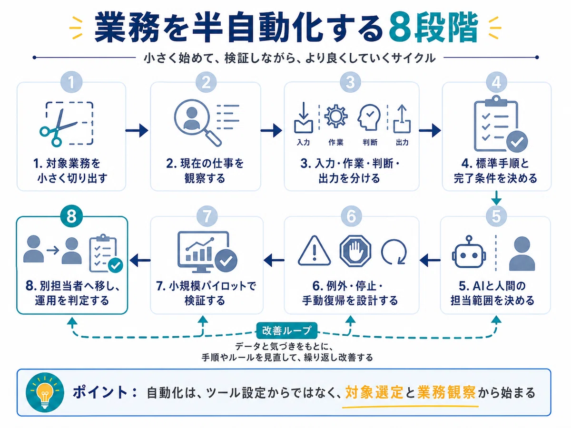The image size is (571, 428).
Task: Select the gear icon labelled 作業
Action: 335,116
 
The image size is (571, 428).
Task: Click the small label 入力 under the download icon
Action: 303,142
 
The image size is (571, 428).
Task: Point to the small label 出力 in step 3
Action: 402,142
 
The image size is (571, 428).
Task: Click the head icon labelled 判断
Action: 369,117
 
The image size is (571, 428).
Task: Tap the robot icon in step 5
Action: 469,252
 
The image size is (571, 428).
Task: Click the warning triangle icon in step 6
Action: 314,251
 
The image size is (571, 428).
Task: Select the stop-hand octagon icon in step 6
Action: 355,251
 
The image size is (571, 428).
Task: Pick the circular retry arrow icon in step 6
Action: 394,252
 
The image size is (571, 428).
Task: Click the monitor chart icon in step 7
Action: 207,252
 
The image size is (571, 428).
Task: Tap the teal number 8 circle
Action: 71,216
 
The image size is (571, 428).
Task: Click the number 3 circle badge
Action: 350,82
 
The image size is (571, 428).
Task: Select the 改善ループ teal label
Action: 286,331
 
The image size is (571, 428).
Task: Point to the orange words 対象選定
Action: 374,393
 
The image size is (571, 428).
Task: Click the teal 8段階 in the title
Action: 433,28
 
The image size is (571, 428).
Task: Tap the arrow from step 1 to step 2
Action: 137,130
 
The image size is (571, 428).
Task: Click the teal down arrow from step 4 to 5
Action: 496,198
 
